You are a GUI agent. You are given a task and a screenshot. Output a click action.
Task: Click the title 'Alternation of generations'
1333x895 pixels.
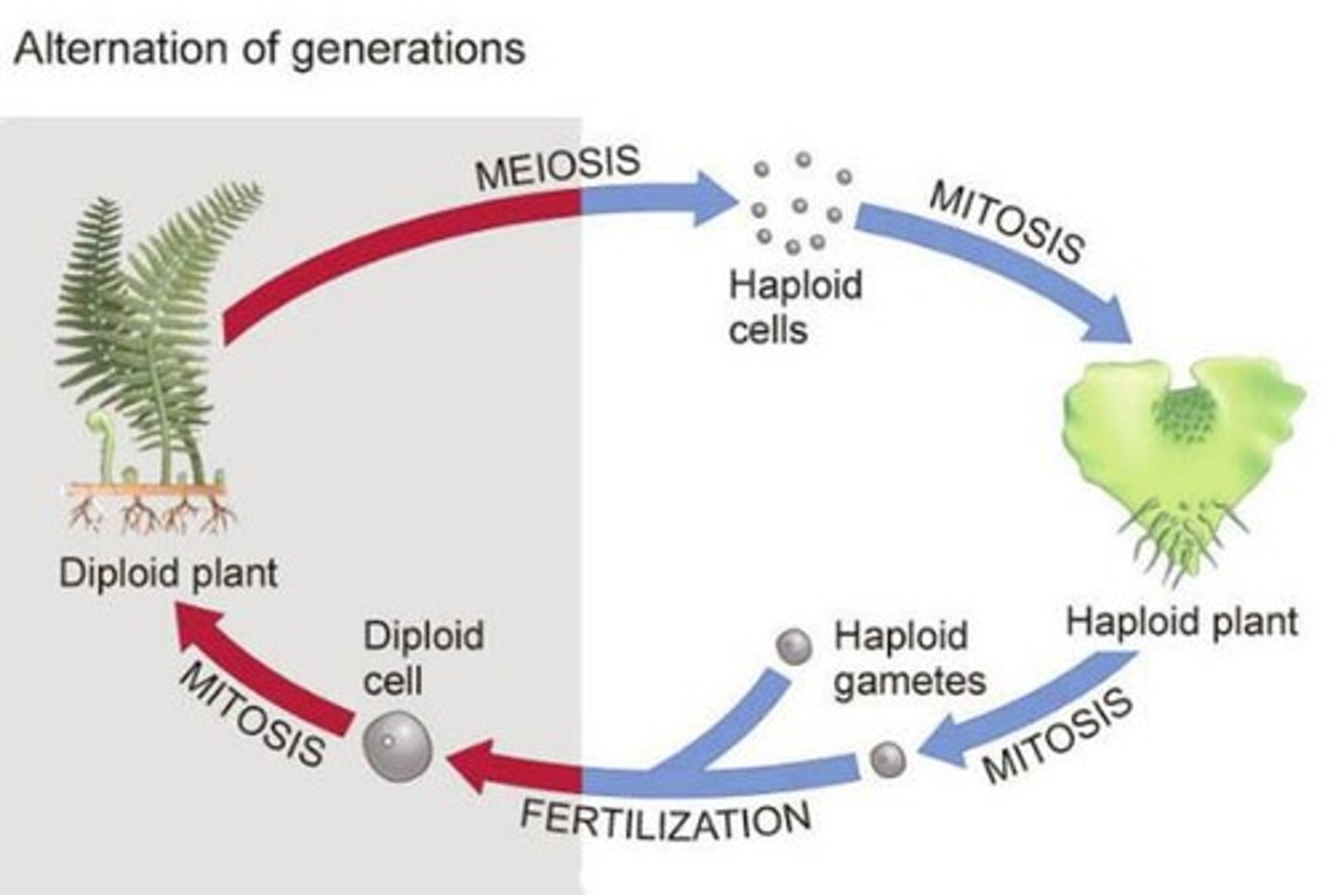tap(269, 48)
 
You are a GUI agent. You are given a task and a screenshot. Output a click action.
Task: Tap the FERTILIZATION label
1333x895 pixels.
tap(665, 819)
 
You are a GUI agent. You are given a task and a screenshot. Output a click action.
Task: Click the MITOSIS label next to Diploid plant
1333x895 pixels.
tap(253, 714)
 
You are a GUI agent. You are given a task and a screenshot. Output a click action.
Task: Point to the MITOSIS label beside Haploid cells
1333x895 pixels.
tap(1005, 222)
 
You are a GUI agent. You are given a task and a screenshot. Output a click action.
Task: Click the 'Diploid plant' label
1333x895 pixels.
tap(168, 573)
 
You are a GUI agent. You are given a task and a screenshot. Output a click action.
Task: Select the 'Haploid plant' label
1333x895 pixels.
tap(1182, 621)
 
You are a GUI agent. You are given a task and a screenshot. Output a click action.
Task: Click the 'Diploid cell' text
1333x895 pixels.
tap(422, 658)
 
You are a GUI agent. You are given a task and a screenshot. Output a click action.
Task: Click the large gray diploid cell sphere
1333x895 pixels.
tap(398, 745)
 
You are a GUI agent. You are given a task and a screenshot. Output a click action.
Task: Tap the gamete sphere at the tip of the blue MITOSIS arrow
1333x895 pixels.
tap(889, 760)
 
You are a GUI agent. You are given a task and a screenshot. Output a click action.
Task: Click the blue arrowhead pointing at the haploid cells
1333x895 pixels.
tap(713, 199)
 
